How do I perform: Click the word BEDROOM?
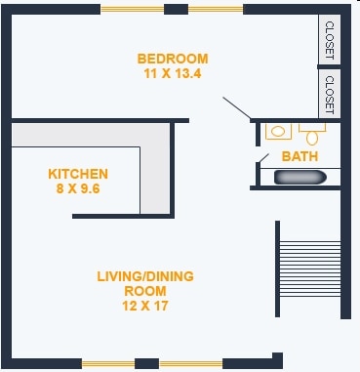[173, 59]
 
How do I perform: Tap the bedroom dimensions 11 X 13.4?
[173, 73]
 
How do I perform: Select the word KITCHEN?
[78, 174]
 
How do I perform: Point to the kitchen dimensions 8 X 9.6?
[78, 188]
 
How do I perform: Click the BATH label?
[300, 156]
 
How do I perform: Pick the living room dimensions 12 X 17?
[145, 306]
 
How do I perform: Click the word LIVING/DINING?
[145, 276]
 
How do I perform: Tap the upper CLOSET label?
[330, 40]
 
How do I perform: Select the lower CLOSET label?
[330, 95]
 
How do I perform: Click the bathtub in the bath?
[300, 178]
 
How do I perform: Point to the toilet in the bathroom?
[312, 135]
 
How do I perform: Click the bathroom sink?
[278, 132]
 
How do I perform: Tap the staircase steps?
[310, 269]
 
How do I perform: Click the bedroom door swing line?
[237, 107]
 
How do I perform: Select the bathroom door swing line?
[263, 158]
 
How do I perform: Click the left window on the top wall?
[132, 10]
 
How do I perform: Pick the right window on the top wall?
[216, 10]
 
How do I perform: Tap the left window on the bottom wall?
[108, 364]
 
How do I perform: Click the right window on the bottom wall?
[191, 364]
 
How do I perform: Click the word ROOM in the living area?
[145, 291]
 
